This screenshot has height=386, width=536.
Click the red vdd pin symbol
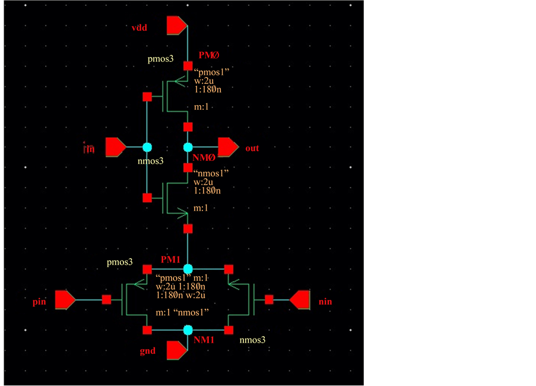(x=177, y=26)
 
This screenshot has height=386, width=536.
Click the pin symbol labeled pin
(x=65, y=300)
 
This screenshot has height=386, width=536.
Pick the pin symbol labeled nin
(x=300, y=300)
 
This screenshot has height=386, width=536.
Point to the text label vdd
(x=139, y=28)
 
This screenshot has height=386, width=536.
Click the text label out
(x=252, y=148)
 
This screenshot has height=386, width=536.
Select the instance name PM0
(x=208, y=55)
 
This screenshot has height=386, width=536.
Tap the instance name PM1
(x=170, y=260)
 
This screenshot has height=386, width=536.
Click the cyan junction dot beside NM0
(x=188, y=147)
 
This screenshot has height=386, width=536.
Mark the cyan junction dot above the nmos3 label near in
(x=147, y=147)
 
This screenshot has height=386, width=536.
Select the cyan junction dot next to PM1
(x=188, y=269)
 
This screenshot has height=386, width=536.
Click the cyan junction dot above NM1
(x=188, y=330)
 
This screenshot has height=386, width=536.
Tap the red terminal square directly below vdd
(x=188, y=65)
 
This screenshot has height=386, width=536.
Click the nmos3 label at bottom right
(x=252, y=340)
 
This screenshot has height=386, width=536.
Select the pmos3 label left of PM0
(x=161, y=61)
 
